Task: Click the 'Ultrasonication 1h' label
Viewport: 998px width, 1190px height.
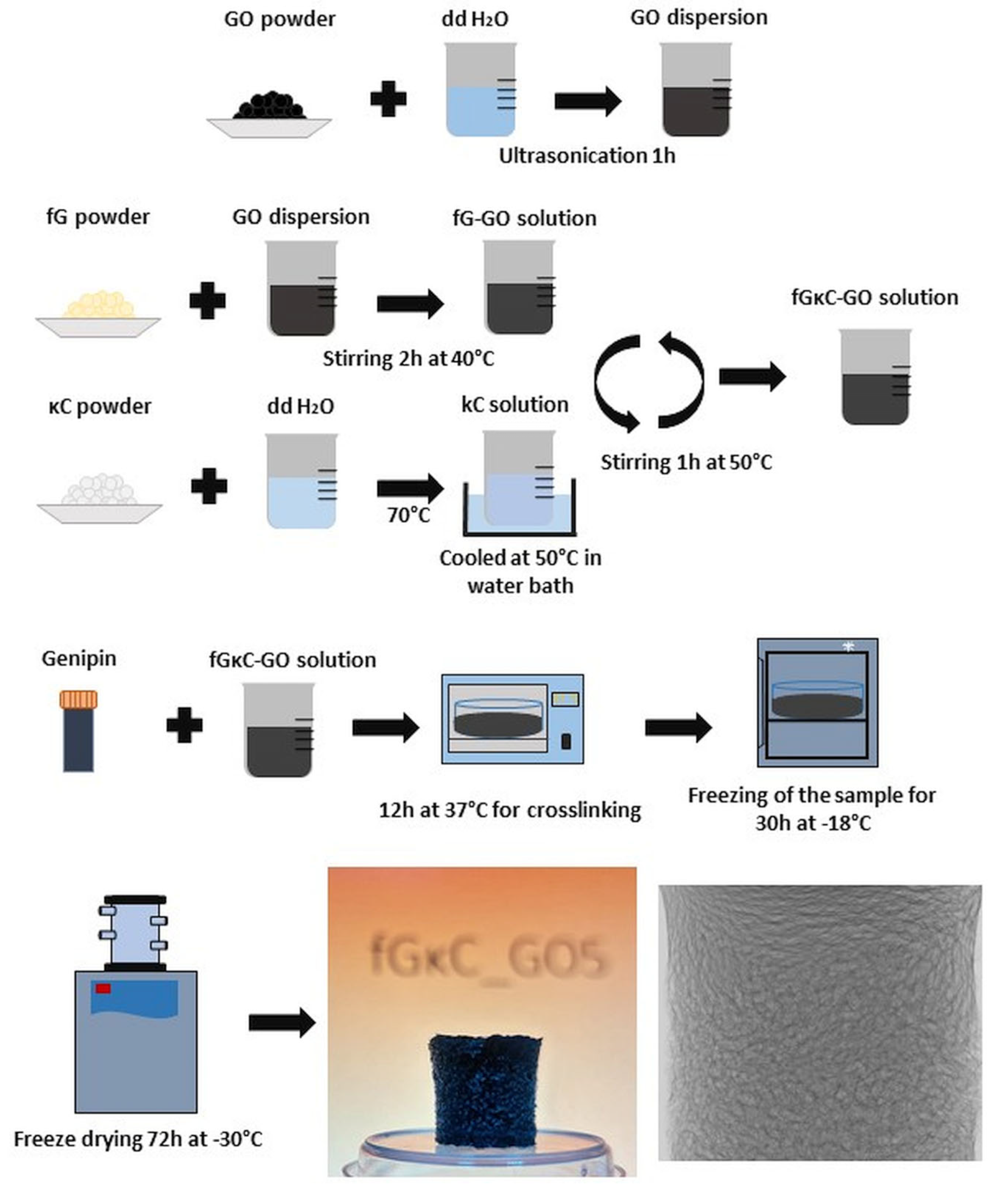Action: [x=587, y=156]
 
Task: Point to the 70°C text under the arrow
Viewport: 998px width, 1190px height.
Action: [x=408, y=515]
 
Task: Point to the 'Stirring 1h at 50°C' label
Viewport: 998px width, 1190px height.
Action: [x=686, y=462]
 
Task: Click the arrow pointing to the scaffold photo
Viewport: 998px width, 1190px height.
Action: [x=281, y=1022]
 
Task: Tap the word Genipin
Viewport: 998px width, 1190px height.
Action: [x=79, y=658]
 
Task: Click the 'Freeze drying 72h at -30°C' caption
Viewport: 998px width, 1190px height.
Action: [x=138, y=1139]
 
